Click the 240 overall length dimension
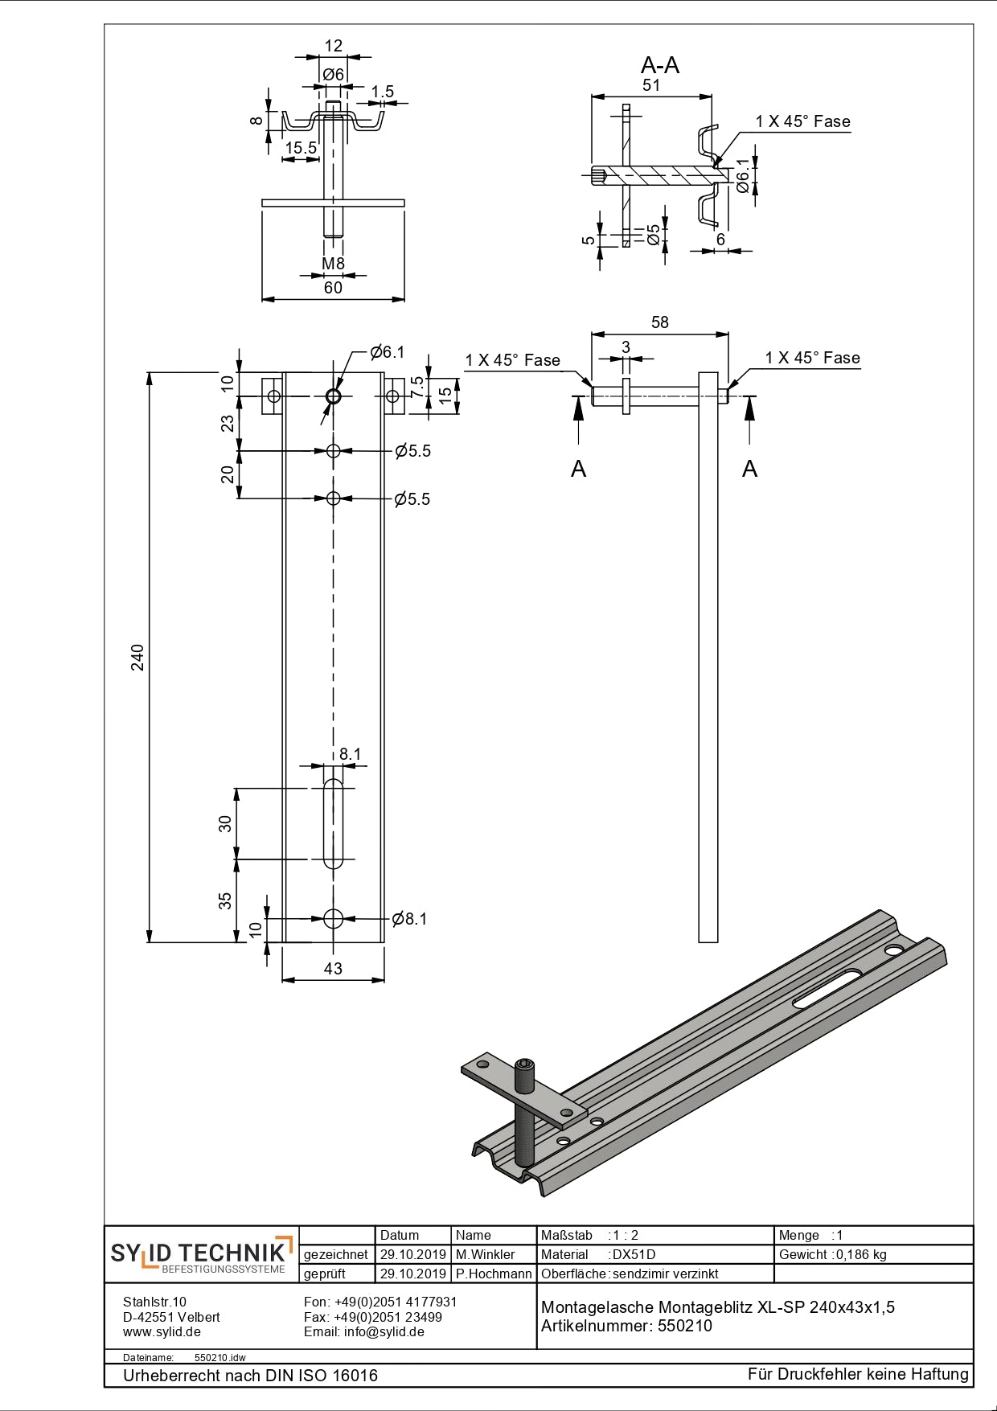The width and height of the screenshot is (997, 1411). click(x=138, y=657)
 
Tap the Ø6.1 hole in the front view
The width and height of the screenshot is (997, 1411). click(x=334, y=396)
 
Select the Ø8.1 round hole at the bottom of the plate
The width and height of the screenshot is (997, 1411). click(x=334, y=918)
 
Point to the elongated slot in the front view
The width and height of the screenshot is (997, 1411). click(x=333, y=823)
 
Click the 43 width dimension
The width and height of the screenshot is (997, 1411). click(x=333, y=969)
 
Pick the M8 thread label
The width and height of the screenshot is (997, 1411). click(x=333, y=264)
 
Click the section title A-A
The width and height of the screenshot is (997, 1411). click(x=660, y=65)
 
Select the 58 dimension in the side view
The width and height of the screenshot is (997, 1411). click(x=659, y=322)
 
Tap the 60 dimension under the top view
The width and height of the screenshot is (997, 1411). click(x=333, y=288)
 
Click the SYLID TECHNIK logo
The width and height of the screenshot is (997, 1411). click(x=201, y=1254)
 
